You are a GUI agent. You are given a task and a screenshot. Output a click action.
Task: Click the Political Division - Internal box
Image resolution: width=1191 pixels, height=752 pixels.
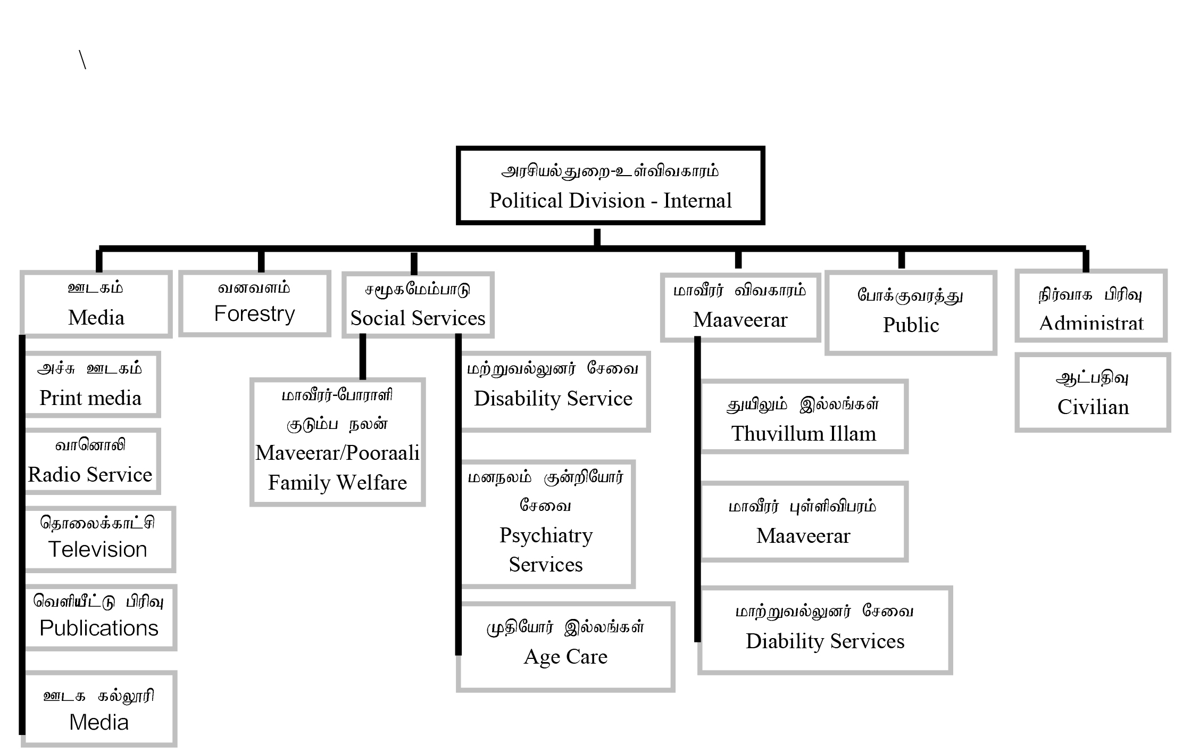pos(610,185)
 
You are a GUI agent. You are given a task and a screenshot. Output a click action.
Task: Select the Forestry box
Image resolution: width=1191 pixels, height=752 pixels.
pos(254,304)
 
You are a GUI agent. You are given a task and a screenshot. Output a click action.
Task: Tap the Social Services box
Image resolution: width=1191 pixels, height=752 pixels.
pos(418,305)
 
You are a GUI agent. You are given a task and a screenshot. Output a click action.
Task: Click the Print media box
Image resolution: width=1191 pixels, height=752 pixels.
pos(91,384)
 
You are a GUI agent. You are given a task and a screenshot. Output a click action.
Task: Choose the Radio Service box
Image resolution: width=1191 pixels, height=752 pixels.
pos(91,461)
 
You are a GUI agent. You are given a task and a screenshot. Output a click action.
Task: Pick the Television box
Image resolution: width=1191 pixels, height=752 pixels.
pos(99,539)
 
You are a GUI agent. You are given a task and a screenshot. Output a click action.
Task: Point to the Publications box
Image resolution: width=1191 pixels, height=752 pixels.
pos(99,617)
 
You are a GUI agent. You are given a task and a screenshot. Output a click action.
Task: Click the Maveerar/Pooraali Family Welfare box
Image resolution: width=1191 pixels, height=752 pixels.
pos(337,442)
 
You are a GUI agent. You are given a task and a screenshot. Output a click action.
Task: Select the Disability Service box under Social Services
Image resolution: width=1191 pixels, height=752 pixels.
pos(554,391)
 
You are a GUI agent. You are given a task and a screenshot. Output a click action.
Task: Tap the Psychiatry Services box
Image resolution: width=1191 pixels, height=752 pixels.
pos(546,524)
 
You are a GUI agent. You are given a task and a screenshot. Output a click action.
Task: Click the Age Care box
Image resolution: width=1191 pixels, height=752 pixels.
pos(565,647)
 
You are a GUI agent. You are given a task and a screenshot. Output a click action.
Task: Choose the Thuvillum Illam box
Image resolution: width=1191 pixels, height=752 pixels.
pos(804,416)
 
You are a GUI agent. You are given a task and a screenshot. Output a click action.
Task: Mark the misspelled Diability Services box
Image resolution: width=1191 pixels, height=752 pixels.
pos(825,630)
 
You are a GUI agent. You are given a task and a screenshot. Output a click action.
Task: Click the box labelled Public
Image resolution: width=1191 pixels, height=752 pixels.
pos(911,313)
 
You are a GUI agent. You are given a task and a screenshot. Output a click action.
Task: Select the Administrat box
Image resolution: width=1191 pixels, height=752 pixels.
pos(1091,306)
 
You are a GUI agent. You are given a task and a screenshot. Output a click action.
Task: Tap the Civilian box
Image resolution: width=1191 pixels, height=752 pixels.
pos(1093,392)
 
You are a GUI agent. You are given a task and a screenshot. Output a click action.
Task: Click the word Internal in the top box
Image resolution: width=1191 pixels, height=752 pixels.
pos(697,201)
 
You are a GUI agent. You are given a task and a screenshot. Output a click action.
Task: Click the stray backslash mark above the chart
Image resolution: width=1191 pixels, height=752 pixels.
pos(82,60)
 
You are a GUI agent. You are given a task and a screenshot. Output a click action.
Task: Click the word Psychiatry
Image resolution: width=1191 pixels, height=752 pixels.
pos(546,535)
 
